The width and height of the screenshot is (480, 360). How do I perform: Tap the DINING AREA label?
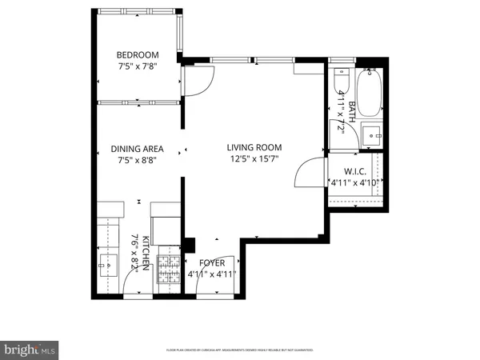click(x=137, y=149)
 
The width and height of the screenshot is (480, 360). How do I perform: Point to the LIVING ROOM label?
click(x=254, y=146)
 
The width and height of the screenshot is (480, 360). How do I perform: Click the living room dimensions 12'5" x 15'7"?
click(x=254, y=159)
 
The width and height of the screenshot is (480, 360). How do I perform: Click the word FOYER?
click(x=212, y=262)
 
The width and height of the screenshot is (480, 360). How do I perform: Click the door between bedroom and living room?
click(x=197, y=81)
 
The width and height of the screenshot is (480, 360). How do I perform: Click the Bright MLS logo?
click(x=30, y=349)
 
